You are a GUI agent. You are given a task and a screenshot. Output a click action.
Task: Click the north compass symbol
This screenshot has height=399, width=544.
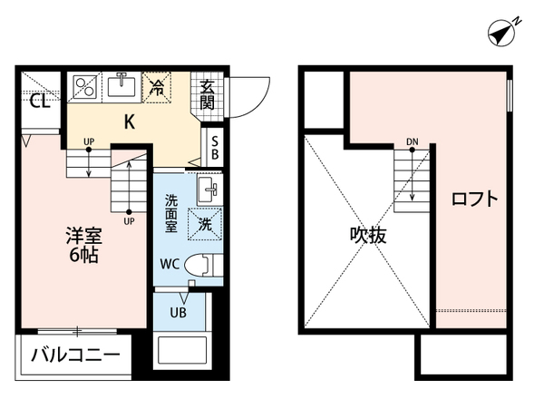[502, 34]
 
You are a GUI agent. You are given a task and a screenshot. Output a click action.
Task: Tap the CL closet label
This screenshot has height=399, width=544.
[38, 101]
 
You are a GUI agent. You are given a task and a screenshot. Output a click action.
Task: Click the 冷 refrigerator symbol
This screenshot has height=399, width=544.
[157, 87]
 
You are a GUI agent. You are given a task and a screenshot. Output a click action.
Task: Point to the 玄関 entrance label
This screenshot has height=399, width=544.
[209, 93]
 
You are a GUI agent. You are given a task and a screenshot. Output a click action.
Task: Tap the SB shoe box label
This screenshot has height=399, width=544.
[214, 148]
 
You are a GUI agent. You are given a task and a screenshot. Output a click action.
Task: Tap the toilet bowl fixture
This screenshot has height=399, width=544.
[208, 266]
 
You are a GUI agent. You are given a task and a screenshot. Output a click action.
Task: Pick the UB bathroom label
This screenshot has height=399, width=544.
[179, 313]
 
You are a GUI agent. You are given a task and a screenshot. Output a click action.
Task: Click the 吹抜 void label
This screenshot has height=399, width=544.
[369, 236]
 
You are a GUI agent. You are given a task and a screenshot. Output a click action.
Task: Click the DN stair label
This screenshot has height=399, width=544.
[412, 141]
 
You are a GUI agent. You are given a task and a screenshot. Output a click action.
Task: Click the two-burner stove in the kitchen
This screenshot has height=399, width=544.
[86, 87]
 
